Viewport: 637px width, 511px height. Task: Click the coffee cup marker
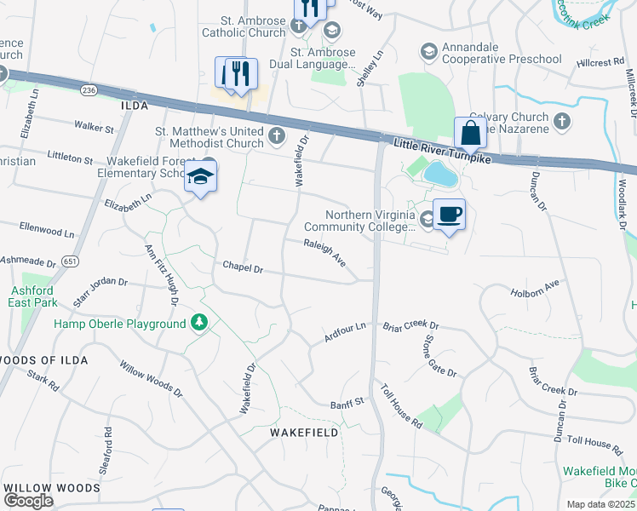click(449, 215)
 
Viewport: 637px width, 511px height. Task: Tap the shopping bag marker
click(470, 134)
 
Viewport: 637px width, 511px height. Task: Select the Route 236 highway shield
click(88, 89)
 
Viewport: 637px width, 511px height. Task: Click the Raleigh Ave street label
click(324, 253)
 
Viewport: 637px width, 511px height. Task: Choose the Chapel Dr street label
click(243, 267)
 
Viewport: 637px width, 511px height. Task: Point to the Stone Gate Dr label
click(439, 356)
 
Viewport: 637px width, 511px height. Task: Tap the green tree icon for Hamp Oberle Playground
click(199, 323)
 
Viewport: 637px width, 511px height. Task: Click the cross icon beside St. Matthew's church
click(277, 135)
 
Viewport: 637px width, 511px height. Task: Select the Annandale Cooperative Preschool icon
click(428, 52)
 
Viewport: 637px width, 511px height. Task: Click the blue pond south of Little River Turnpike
click(440, 174)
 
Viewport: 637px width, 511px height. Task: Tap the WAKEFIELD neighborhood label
click(304, 433)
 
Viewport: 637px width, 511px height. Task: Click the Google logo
click(28, 500)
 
